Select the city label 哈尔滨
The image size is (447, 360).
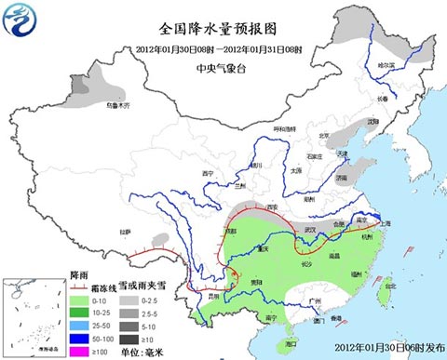pos(386,65)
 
